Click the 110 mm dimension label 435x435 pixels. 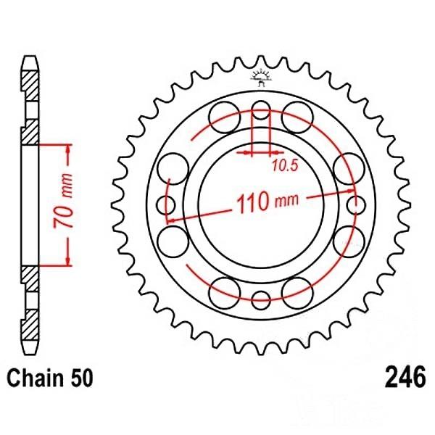point(268,202)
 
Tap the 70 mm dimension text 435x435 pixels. point(62,201)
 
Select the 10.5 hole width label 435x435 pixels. point(285,165)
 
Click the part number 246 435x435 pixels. point(405,377)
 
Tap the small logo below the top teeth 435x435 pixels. point(261,78)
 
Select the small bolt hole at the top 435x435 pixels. point(261,110)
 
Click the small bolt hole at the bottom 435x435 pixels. point(261,300)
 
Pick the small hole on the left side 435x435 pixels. point(165,205)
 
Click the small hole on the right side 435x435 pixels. point(356,205)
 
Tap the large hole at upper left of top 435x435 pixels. point(225,117)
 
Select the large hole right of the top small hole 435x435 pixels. point(297,117)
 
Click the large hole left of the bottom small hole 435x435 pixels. point(225,293)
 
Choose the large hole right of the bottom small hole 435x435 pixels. point(297,293)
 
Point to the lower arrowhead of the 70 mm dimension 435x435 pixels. point(68,261)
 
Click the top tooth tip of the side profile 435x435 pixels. point(30,57)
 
